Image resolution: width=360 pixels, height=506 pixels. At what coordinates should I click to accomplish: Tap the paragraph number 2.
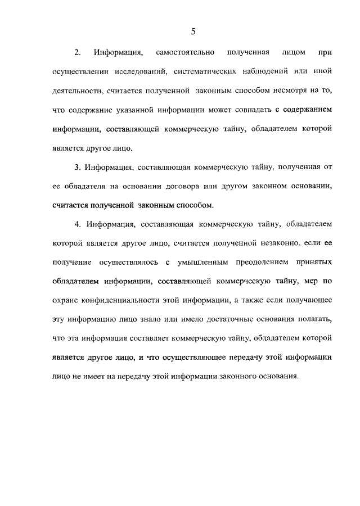[x=78, y=53]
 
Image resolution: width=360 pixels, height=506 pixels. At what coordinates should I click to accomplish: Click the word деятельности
[x=75, y=91]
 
